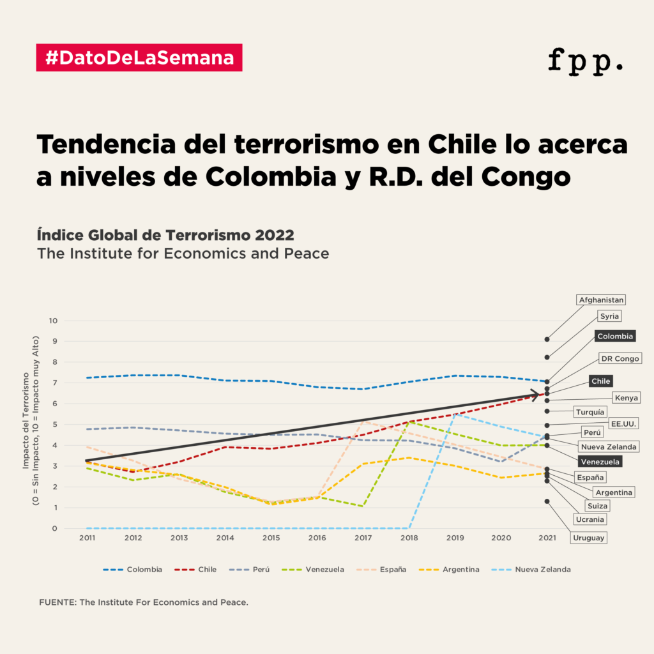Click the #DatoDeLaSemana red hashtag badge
(139, 57)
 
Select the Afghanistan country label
(600, 300)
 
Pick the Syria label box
(610, 316)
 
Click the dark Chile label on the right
(601, 381)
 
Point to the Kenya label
(626, 398)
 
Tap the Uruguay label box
(588, 538)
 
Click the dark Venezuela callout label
(600, 461)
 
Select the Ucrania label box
(589, 519)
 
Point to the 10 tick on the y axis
(53, 321)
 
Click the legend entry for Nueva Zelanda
(542, 569)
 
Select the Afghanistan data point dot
(547, 339)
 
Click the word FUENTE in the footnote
(57, 602)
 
